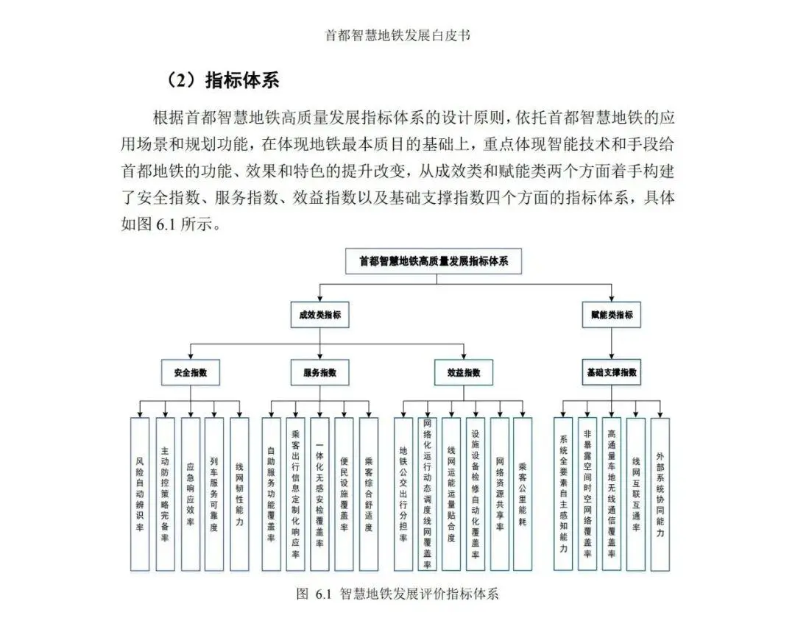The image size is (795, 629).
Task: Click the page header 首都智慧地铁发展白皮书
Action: click(x=397, y=35)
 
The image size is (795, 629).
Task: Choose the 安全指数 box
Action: click(x=191, y=372)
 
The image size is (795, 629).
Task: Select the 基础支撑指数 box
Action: click(x=611, y=372)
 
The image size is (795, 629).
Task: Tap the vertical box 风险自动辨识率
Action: click(x=140, y=494)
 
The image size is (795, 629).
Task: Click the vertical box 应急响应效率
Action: click(x=190, y=494)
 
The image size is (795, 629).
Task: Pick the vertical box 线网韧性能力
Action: click(x=239, y=494)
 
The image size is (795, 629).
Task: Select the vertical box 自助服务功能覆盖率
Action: click(x=272, y=494)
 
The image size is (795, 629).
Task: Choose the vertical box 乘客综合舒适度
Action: click(x=369, y=494)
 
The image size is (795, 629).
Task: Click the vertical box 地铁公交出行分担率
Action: click(x=403, y=494)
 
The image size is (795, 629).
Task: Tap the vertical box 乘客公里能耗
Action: click(x=522, y=494)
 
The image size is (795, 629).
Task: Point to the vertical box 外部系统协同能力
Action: click(x=660, y=494)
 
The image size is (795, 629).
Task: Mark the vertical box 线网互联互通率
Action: click(x=636, y=494)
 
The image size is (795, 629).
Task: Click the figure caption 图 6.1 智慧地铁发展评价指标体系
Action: click(x=397, y=594)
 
